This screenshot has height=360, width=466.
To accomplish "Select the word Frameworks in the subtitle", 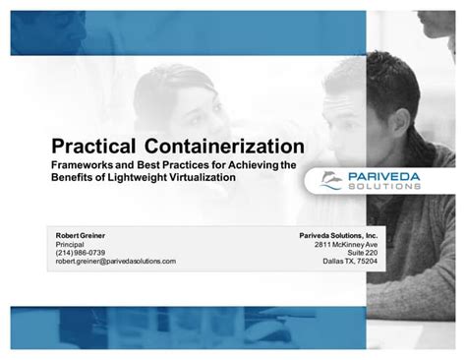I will click(x=83, y=165).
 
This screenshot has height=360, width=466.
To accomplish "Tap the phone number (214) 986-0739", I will click(x=80, y=253).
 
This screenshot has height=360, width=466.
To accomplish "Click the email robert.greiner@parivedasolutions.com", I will click(x=115, y=261).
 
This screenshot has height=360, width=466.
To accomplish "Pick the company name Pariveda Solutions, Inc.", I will click(x=338, y=237).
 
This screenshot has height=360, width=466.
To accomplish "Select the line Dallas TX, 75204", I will click(x=350, y=261).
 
